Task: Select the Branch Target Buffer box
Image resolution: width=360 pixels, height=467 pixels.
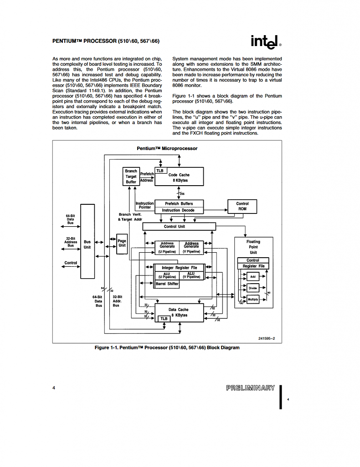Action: tap(131, 176)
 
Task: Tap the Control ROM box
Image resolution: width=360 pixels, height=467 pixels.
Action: tap(242, 207)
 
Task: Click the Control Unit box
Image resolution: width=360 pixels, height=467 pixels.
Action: tap(179, 226)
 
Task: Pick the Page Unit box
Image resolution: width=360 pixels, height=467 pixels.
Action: tap(122, 244)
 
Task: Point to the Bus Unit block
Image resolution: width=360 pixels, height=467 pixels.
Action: tap(87, 241)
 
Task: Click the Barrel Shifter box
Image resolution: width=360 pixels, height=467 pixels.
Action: tap(167, 284)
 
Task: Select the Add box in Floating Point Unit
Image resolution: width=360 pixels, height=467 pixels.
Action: tap(253, 276)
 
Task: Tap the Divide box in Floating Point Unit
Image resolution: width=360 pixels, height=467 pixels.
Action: tap(253, 288)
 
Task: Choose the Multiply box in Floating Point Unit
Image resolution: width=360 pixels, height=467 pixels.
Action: tap(253, 299)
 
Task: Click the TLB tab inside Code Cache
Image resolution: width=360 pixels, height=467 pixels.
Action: tap(160, 171)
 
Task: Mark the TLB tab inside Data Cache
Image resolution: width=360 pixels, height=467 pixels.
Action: tap(164, 319)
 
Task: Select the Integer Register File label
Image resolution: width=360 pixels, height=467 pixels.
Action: tap(180, 268)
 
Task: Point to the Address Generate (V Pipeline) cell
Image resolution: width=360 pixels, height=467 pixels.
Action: tap(191, 248)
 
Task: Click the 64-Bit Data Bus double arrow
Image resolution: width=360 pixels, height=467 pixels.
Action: tap(71, 226)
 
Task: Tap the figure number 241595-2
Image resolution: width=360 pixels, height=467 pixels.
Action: tap(267, 338)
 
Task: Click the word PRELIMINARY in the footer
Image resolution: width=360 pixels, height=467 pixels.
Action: tap(251, 388)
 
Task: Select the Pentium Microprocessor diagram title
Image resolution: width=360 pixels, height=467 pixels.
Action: tap(167, 148)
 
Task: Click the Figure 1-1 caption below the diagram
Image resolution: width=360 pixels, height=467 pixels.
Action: tap(167, 348)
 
